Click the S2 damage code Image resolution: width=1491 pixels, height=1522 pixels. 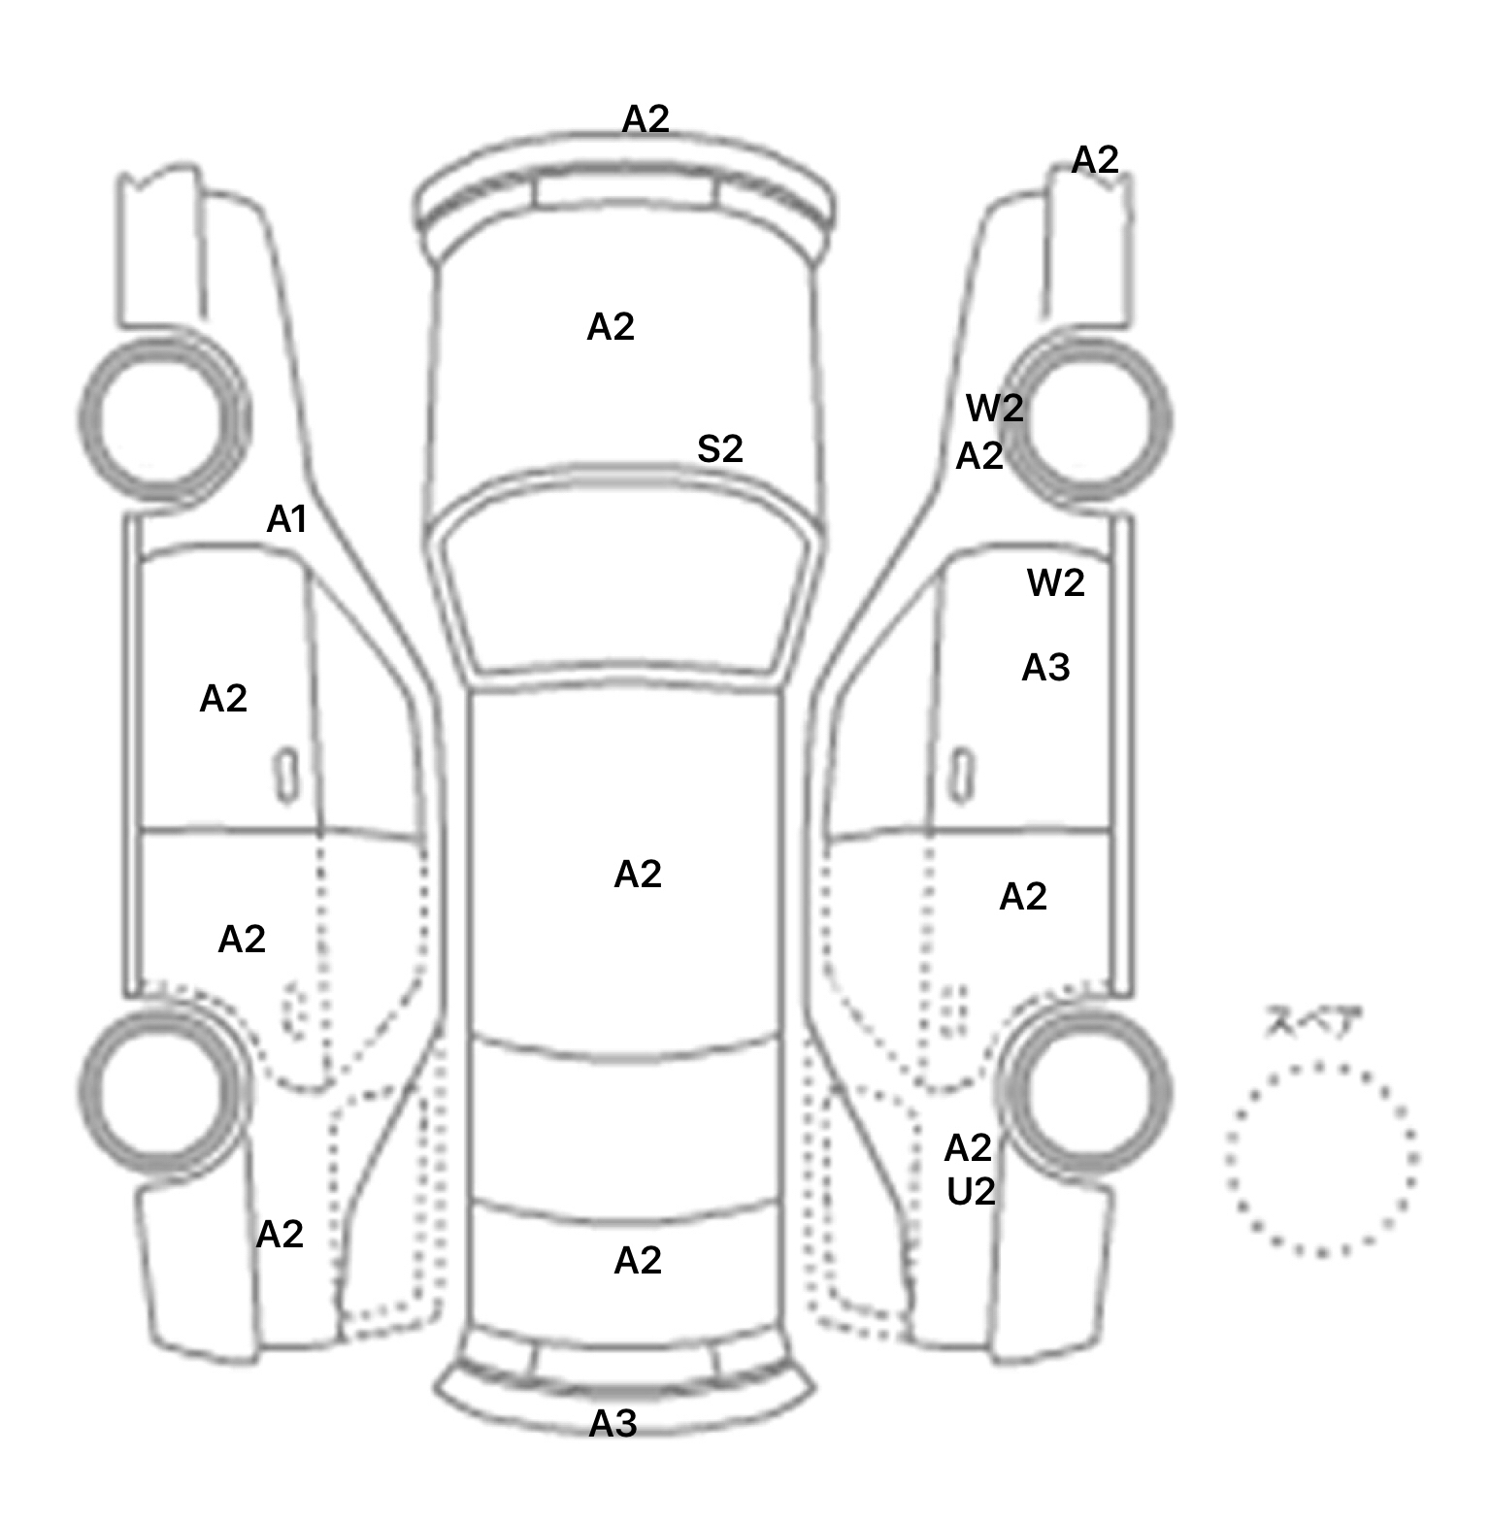point(720,448)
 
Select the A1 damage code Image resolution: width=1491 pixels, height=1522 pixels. point(286,520)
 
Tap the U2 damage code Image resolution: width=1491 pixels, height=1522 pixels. point(971,1191)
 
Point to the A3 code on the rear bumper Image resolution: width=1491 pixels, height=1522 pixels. point(613,1424)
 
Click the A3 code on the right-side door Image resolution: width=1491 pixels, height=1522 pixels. point(1045,668)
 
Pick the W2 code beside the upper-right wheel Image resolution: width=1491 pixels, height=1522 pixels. point(995,409)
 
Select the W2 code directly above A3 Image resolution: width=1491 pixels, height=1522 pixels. point(1055,582)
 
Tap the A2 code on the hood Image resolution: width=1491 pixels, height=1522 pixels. point(611,327)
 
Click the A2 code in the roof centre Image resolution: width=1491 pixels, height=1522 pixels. point(638,875)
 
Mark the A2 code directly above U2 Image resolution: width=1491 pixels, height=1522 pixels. point(968,1148)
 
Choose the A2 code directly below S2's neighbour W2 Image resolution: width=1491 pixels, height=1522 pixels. point(979,455)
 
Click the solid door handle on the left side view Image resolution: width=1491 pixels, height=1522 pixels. point(286,776)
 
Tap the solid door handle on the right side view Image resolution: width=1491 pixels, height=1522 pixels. point(962,776)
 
